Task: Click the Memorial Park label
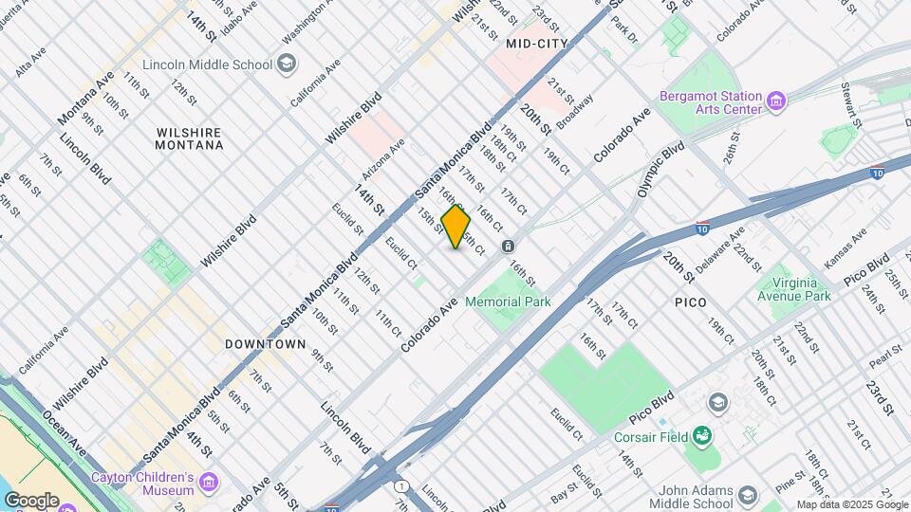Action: (508, 302)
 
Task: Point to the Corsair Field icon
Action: (702, 435)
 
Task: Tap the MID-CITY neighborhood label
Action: (537, 44)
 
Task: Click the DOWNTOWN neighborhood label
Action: (266, 344)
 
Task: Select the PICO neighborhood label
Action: (692, 302)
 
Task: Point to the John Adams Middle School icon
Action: (747, 496)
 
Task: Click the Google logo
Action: (31, 500)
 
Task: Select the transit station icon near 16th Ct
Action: (510, 247)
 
